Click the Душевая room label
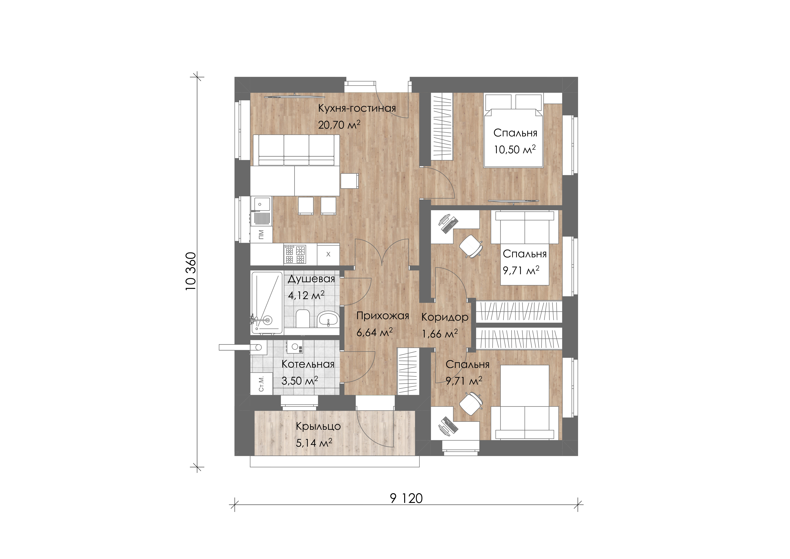click(x=311, y=279)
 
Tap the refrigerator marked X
click(x=328, y=254)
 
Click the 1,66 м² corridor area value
click(x=440, y=334)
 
